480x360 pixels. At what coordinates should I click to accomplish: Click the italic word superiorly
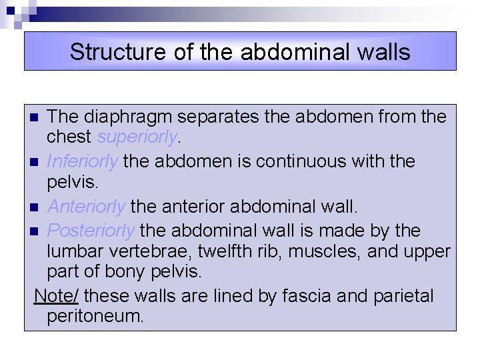[137, 137]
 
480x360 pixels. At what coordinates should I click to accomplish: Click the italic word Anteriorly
[87, 207]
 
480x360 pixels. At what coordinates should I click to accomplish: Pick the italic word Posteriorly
[91, 231]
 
